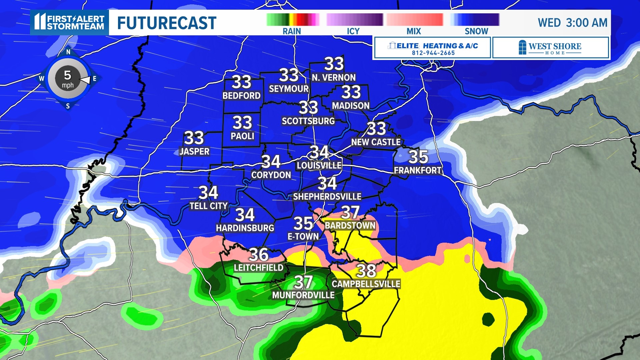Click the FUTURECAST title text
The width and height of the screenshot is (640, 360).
[167, 23]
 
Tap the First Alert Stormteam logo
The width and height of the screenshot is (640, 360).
[69, 22]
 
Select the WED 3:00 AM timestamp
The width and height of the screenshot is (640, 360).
[572, 23]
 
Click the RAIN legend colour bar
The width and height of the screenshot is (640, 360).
[293, 20]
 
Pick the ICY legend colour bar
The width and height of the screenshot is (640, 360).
[354, 20]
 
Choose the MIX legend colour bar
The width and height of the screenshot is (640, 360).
[415, 20]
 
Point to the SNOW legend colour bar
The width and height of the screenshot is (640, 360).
[475, 20]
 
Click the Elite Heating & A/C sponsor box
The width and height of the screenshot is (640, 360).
[432, 48]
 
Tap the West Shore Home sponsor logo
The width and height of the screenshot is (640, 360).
[550, 48]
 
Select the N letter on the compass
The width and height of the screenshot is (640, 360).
[68, 52]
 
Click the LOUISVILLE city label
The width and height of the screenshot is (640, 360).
[319, 165]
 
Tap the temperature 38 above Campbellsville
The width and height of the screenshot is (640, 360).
[366, 271]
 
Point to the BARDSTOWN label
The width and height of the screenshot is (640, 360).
[350, 226]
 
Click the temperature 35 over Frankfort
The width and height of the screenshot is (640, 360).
[418, 157]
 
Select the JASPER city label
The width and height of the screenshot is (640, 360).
[194, 151]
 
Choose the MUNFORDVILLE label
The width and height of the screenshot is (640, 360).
[303, 295]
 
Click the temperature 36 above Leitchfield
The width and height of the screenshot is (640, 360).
[259, 255]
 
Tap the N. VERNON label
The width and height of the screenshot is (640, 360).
[334, 78]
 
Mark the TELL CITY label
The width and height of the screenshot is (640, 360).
[209, 206]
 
